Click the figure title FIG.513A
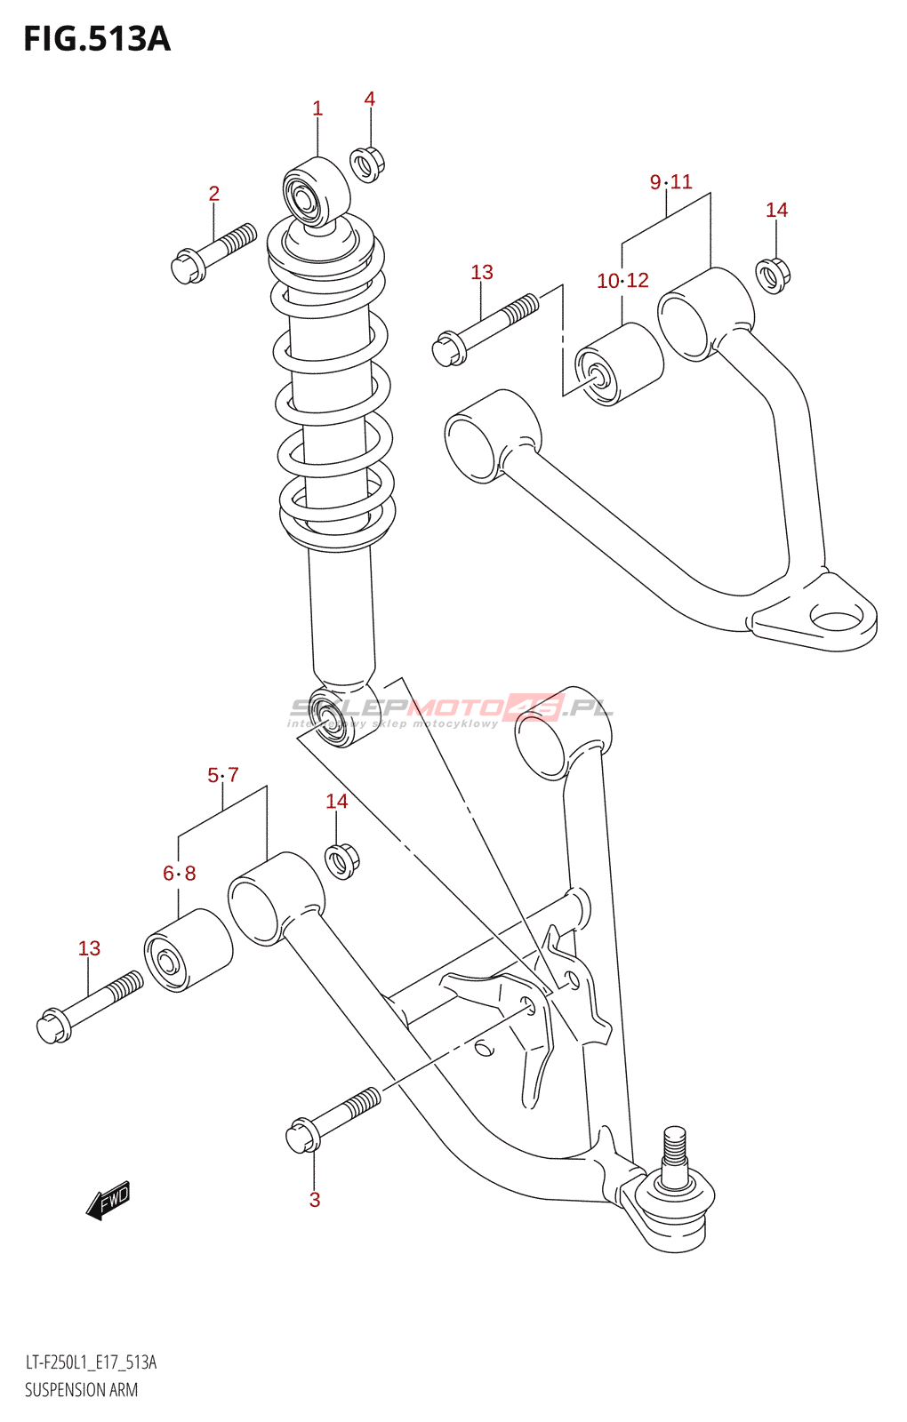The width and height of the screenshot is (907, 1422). [x=97, y=39]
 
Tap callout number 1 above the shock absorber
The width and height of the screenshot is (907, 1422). [x=317, y=108]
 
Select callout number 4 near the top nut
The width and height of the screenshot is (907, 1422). [x=370, y=99]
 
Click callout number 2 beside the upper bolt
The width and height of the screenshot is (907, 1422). [x=214, y=194]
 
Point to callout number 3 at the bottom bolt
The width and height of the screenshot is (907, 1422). [x=315, y=1200]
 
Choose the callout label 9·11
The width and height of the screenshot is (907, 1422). [x=670, y=182]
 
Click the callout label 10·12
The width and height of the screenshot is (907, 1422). [x=623, y=280]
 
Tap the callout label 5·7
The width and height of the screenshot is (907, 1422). [x=223, y=775]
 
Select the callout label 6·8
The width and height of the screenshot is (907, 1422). [x=179, y=874]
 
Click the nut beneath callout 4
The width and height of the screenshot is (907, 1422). [x=368, y=164]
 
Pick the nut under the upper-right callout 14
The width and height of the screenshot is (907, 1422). [x=773, y=276]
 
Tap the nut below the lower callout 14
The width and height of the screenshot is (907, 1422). [x=341, y=861]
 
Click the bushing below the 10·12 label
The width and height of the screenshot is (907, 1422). [x=619, y=364]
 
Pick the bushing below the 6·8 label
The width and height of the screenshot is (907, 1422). [x=188, y=950]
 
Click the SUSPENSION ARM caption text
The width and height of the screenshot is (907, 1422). [x=81, y=1390]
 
